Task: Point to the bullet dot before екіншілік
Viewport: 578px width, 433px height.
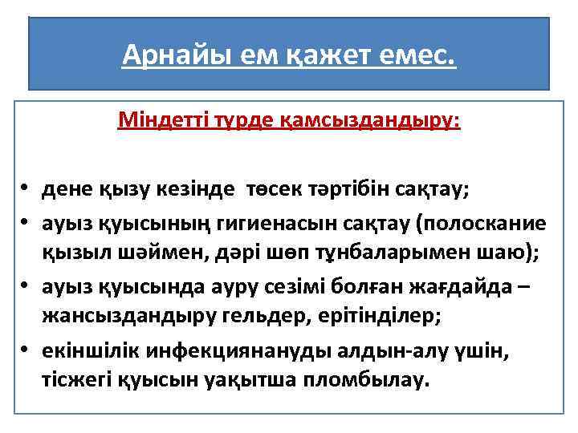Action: click(26, 350)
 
